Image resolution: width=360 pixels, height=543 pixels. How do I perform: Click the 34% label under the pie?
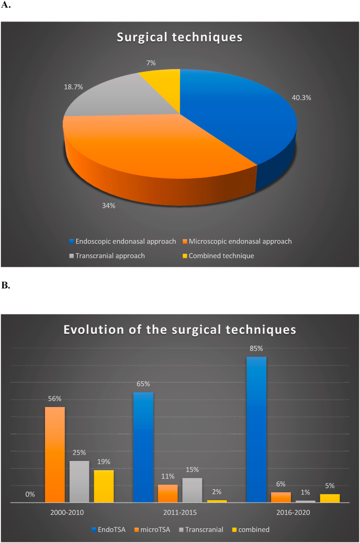[x=109, y=206]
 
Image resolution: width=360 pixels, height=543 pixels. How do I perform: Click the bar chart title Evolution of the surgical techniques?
[x=179, y=330]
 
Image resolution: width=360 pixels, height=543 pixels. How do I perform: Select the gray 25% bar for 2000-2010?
[x=80, y=481]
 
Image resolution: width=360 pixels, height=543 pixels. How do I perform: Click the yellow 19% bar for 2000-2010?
[x=104, y=486]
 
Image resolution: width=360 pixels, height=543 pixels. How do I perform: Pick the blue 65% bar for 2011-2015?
[x=143, y=447]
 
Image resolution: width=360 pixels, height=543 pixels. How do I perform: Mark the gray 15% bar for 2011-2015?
[x=192, y=490]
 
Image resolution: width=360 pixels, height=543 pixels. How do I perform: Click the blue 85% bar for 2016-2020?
[x=256, y=429]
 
